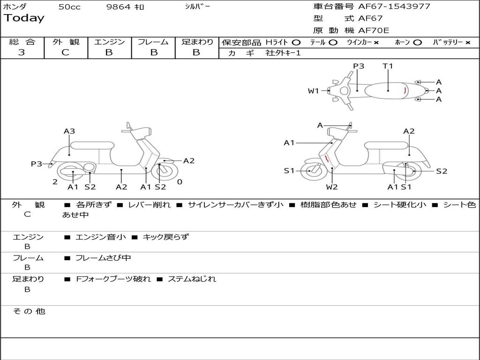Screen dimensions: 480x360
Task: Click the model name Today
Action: point(24,18)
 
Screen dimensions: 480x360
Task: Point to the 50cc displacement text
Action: point(69,7)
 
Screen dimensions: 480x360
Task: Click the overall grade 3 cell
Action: point(22,52)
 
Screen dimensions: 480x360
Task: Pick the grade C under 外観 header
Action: point(65,52)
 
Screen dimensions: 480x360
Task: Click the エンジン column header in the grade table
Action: point(109,42)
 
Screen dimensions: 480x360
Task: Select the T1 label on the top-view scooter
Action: point(388,66)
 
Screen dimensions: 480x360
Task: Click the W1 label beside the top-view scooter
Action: point(313,91)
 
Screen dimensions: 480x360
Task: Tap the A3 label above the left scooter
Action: point(69,131)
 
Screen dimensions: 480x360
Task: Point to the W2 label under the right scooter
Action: point(332,187)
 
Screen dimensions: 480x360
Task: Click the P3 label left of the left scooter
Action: point(37,164)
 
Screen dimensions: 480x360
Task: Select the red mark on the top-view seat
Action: point(405,90)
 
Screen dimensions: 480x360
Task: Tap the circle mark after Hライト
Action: point(296,42)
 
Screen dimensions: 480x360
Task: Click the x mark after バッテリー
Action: point(468,42)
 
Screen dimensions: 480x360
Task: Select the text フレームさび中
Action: point(103,258)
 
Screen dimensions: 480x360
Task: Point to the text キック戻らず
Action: point(165,237)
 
